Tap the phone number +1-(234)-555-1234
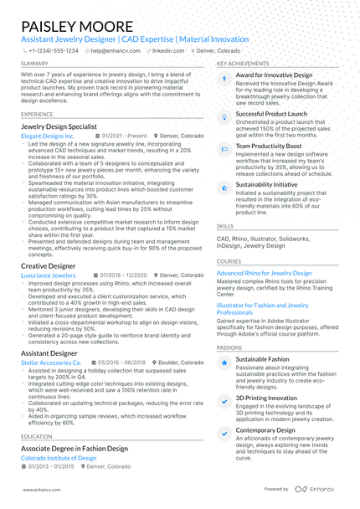tap(54, 50)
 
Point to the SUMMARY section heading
tap(34, 64)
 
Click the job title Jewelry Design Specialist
tap(64, 126)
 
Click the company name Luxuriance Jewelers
tap(48, 275)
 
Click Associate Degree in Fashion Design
tap(75, 449)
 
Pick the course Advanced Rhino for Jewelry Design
tap(264, 273)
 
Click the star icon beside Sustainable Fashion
tap(224, 362)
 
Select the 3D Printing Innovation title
tap(266, 398)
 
